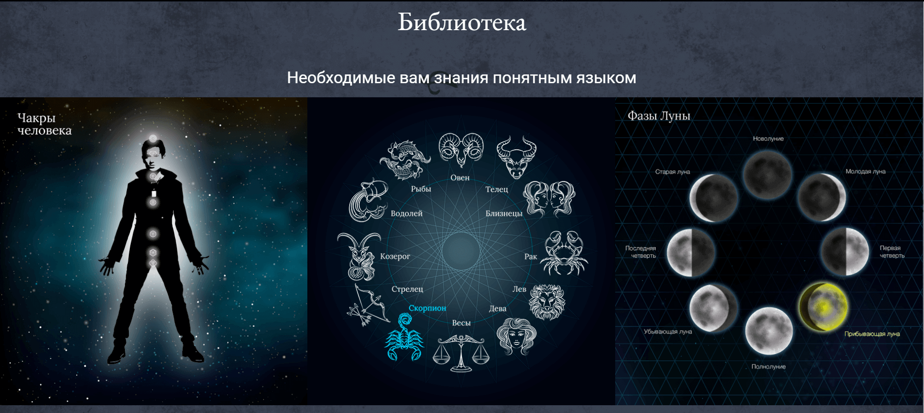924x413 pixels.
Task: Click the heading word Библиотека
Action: [462, 22]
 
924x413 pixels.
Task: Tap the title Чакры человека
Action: [44, 124]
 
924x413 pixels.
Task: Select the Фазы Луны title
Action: [658, 116]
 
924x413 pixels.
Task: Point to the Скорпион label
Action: [427, 308]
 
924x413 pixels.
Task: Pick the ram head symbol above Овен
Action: [461, 150]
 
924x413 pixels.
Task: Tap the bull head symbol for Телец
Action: [516, 157]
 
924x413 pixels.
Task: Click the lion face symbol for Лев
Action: [547, 302]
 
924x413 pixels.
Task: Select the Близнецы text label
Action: [504, 213]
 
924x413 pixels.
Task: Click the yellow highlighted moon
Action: [823, 307]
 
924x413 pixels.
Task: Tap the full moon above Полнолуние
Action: [769, 331]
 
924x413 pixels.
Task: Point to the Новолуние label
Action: [768, 139]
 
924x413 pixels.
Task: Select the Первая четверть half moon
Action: [845, 251]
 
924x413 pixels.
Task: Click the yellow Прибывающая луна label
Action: [871, 334]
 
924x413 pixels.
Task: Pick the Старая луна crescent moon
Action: [713, 198]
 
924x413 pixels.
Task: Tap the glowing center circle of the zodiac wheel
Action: [461, 251]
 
